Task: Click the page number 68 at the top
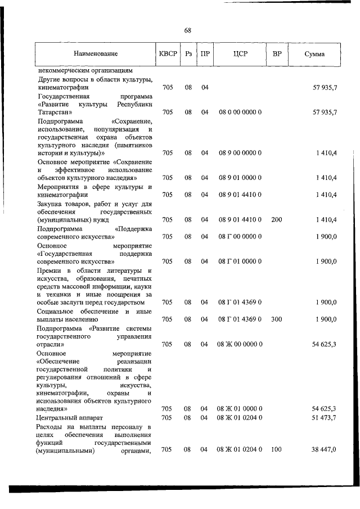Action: pyautogui.click(x=187, y=30)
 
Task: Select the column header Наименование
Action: pyautogui.click(x=95, y=54)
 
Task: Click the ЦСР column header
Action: pyautogui.click(x=240, y=54)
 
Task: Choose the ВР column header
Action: pyautogui.click(x=277, y=54)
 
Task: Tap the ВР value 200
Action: pyautogui.click(x=277, y=219)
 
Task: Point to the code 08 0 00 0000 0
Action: pyautogui.click(x=240, y=112)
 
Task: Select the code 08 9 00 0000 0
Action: pyautogui.click(x=240, y=153)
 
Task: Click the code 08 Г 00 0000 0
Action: pyautogui.click(x=240, y=237)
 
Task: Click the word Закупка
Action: pyautogui.click(x=51, y=203)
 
